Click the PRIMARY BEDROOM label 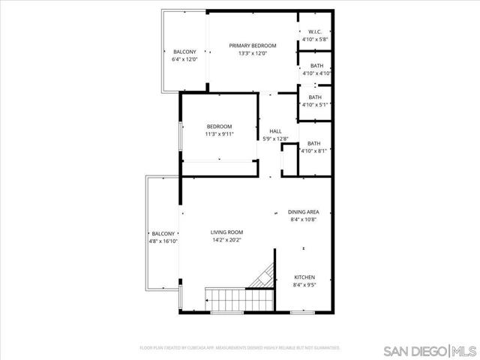[x=253, y=46]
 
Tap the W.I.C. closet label [x=315, y=31]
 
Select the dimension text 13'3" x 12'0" [x=253, y=54]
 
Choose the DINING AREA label [x=304, y=212]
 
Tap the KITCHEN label [x=304, y=277]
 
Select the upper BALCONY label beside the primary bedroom [x=184, y=51]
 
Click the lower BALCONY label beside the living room [x=163, y=233]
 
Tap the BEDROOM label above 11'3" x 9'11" [x=220, y=126]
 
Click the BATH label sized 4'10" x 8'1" [x=313, y=143]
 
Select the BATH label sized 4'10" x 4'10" [x=316, y=65]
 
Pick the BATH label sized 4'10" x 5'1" [x=315, y=97]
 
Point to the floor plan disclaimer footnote [x=240, y=348]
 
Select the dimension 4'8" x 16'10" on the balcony [x=163, y=241]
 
